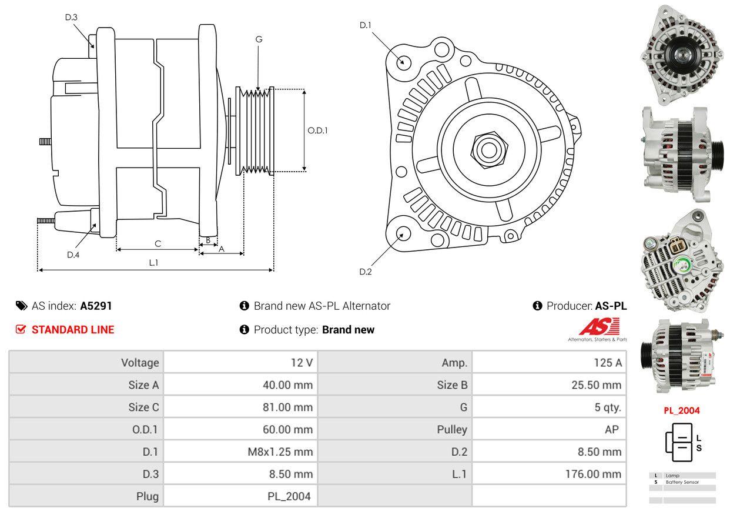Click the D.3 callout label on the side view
(71, 17)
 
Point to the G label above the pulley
(259, 39)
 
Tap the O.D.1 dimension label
(317, 131)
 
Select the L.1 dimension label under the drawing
(153, 263)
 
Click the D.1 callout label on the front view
(366, 25)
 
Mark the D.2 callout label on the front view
(366, 272)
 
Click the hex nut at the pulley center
(489, 150)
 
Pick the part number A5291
(96, 306)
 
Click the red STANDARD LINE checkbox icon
(21, 330)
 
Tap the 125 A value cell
(608, 363)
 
